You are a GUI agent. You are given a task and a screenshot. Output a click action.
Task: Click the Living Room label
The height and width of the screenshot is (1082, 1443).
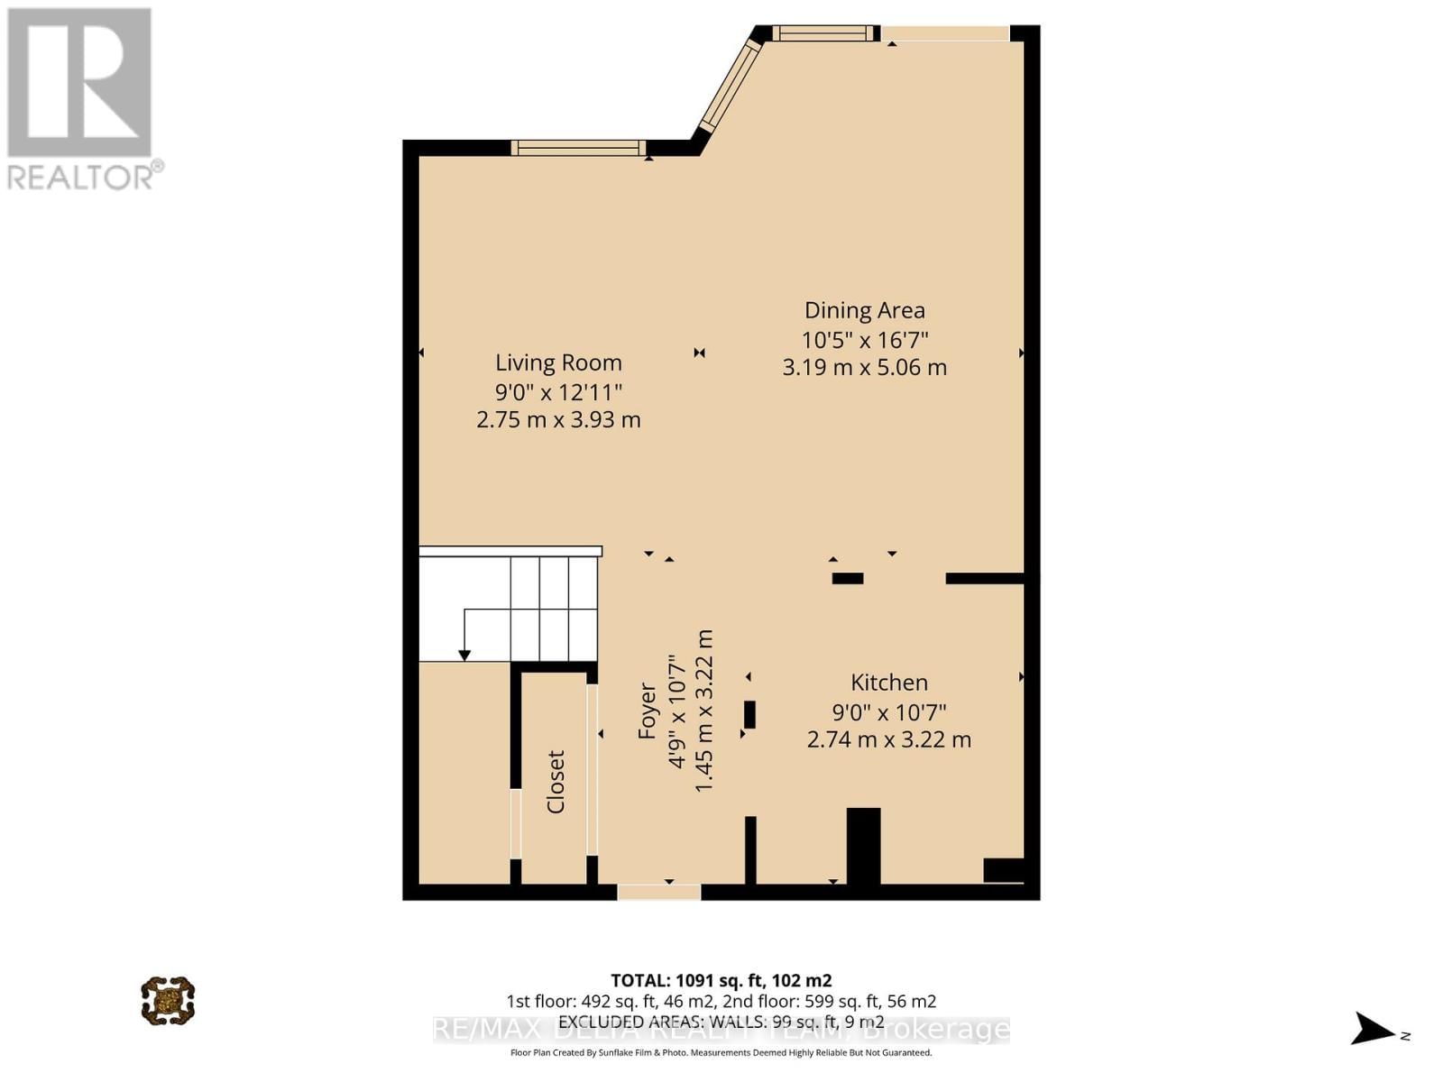click(x=558, y=362)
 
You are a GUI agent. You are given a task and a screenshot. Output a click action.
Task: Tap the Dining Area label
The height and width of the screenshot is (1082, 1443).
click(x=864, y=310)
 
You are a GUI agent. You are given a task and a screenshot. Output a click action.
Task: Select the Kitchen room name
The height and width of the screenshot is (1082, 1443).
click(x=888, y=683)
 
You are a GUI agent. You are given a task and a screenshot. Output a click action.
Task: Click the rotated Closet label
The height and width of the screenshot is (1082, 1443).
click(x=556, y=782)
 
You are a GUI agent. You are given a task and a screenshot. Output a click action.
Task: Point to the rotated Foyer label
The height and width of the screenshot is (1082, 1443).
click(x=647, y=711)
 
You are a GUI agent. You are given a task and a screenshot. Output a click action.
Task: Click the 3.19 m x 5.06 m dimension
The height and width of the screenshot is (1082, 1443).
click(x=864, y=368)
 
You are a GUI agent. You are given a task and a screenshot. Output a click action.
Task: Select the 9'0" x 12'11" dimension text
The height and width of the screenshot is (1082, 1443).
click(x=558, y=392)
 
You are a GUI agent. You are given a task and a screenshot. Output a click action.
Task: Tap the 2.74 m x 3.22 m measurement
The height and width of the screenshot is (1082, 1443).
click(x=888, y=740)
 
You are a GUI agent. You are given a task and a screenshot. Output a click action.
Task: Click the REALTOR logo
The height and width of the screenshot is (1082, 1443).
click(x=81, y=99)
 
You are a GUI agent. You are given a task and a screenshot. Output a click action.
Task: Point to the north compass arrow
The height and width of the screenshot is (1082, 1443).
click(x=1374, y=1029)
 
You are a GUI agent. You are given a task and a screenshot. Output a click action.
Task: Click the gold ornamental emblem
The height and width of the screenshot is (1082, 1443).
click(x=168, y=1000)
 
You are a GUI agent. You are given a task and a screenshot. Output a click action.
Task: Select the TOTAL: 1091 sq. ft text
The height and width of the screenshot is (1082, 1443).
click(x=721, y=980)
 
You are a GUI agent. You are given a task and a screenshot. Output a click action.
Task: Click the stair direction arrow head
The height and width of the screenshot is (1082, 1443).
click(x=464, y=655)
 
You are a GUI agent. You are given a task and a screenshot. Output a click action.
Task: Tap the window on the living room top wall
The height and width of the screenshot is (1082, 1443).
click(x=578, y=148)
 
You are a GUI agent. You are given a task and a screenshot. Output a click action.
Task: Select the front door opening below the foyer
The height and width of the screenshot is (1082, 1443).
click(x=658, y=892)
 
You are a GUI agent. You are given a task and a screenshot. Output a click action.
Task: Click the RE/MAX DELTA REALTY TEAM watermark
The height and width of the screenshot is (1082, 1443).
click(x=721, y=1030)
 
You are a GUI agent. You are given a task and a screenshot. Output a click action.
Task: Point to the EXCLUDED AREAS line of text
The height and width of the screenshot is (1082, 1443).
click(x=721, y=1022)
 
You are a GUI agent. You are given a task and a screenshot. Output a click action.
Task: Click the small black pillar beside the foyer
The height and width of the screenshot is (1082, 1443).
click(x=749, y=714)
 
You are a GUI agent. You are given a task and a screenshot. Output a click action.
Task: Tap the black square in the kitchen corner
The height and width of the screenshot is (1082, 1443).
click(x=1003, y=870)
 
